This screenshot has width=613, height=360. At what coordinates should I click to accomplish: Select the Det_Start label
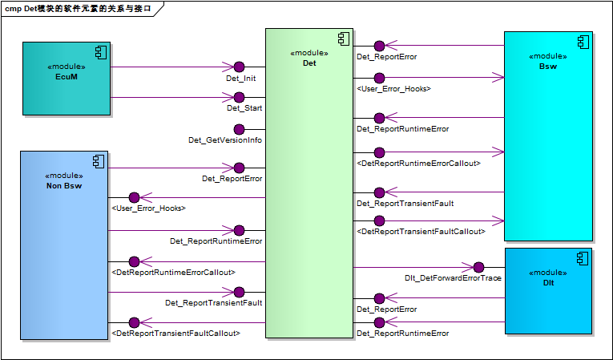tap(244, 107)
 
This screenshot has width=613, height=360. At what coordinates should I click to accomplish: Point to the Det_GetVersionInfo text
tap(225, 140)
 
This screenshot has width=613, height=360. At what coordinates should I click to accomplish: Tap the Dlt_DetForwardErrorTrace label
tap(454, 278)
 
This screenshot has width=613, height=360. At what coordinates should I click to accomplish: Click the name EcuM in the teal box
tap(67, 77)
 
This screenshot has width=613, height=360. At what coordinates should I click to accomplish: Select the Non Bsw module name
tap(64, 186)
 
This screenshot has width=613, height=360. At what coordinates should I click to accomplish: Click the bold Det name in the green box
tap(309, 63)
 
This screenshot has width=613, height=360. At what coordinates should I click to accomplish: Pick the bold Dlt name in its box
tap(548, 283)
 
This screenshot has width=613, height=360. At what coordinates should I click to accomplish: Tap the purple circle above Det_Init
tap(239, 67)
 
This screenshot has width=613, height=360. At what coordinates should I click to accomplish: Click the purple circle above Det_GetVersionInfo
tap(239, 128)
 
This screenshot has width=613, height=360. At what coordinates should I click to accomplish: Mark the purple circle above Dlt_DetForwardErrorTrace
tap(478, 267)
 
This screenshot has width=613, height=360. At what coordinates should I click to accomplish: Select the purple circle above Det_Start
tap(239, 98)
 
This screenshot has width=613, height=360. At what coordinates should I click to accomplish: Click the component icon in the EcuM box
tap(101, 52)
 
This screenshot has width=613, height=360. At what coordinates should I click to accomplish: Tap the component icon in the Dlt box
tap(583, 257)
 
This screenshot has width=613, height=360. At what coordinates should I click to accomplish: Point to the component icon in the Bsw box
tap(583, 41)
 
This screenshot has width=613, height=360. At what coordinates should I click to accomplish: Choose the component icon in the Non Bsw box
tap(99, 160)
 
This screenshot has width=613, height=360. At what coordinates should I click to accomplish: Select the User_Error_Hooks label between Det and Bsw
tap(393, 88)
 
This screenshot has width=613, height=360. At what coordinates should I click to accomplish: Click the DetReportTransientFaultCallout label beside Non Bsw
tap(176, 332)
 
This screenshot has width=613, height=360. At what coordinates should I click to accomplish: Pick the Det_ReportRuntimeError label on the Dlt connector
tap(402, 333)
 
